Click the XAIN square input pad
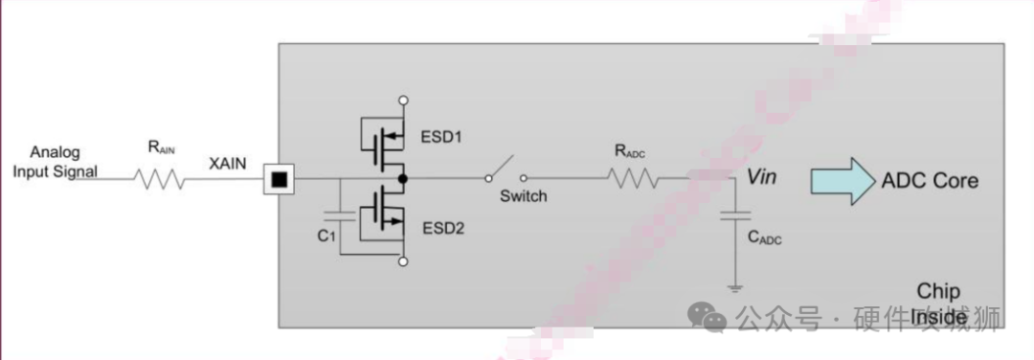point(278,179)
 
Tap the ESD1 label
point(440,137)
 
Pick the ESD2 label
point(441,229)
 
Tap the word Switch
point(524,196)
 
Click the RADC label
point(630,150)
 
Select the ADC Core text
point(931,180)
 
